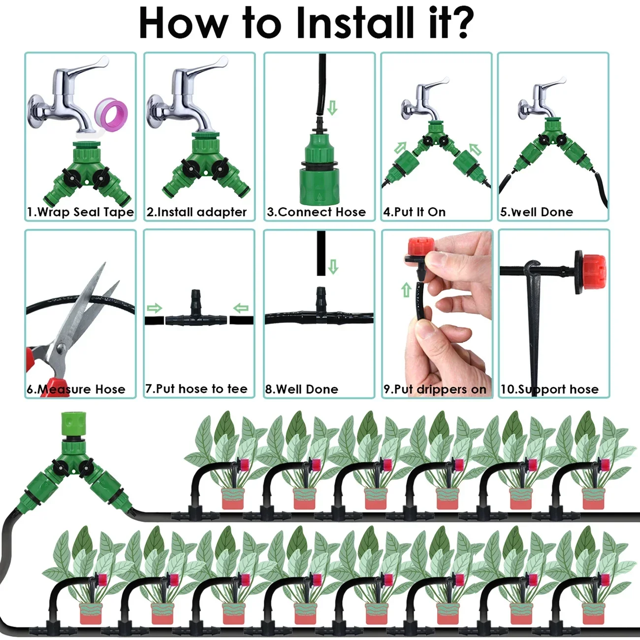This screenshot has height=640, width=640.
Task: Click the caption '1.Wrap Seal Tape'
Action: coord(80,212)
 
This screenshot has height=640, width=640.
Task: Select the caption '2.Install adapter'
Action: coord(196,212)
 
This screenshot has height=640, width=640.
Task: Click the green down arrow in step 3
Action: coord(333,108)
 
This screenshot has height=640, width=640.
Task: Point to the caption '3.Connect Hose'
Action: coord(317,212)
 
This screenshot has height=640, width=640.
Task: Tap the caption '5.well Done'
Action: coord(537,212)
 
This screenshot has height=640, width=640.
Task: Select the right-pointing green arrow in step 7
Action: coord(155,309)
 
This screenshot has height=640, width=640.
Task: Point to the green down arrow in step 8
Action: coord(333,267)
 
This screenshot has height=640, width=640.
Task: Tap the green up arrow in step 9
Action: coord(406,289)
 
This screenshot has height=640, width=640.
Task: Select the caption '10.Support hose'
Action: coord(549,389)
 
